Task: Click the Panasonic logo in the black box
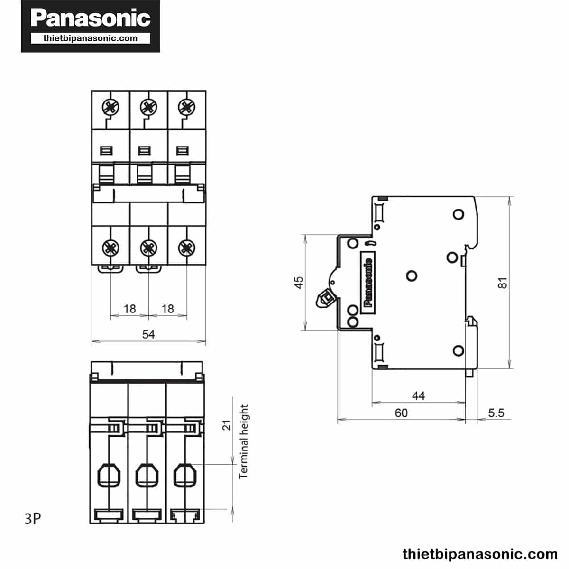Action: point(90,18)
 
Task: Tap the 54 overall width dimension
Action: point(148,334)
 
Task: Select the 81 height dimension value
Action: point(503,283)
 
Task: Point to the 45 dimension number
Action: point(299,283)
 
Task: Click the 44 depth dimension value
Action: point(418,395)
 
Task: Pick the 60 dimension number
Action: point(401,413)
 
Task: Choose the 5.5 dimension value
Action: point(496,413)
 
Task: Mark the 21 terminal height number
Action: point(227,425)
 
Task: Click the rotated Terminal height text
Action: point(244,441)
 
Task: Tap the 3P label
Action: point(33,519)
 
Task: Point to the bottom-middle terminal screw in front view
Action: point(148,247)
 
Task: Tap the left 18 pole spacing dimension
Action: point(129,309)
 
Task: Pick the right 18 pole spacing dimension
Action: point(167,309)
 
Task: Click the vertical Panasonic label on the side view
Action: point(367,283)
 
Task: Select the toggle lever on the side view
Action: point(326,298)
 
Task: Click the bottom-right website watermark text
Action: point(480,554)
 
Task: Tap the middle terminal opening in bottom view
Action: point(147,475)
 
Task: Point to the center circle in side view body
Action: point(412,275)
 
